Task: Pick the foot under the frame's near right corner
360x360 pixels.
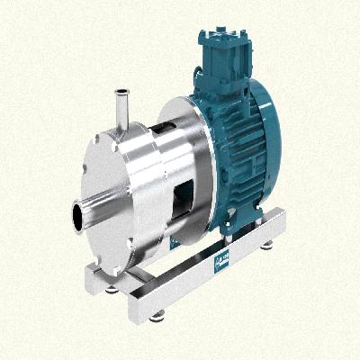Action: click(158, 314)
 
